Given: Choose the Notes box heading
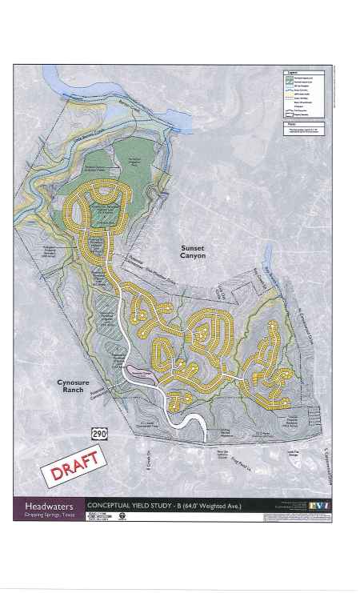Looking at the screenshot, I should tap(294, 124).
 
